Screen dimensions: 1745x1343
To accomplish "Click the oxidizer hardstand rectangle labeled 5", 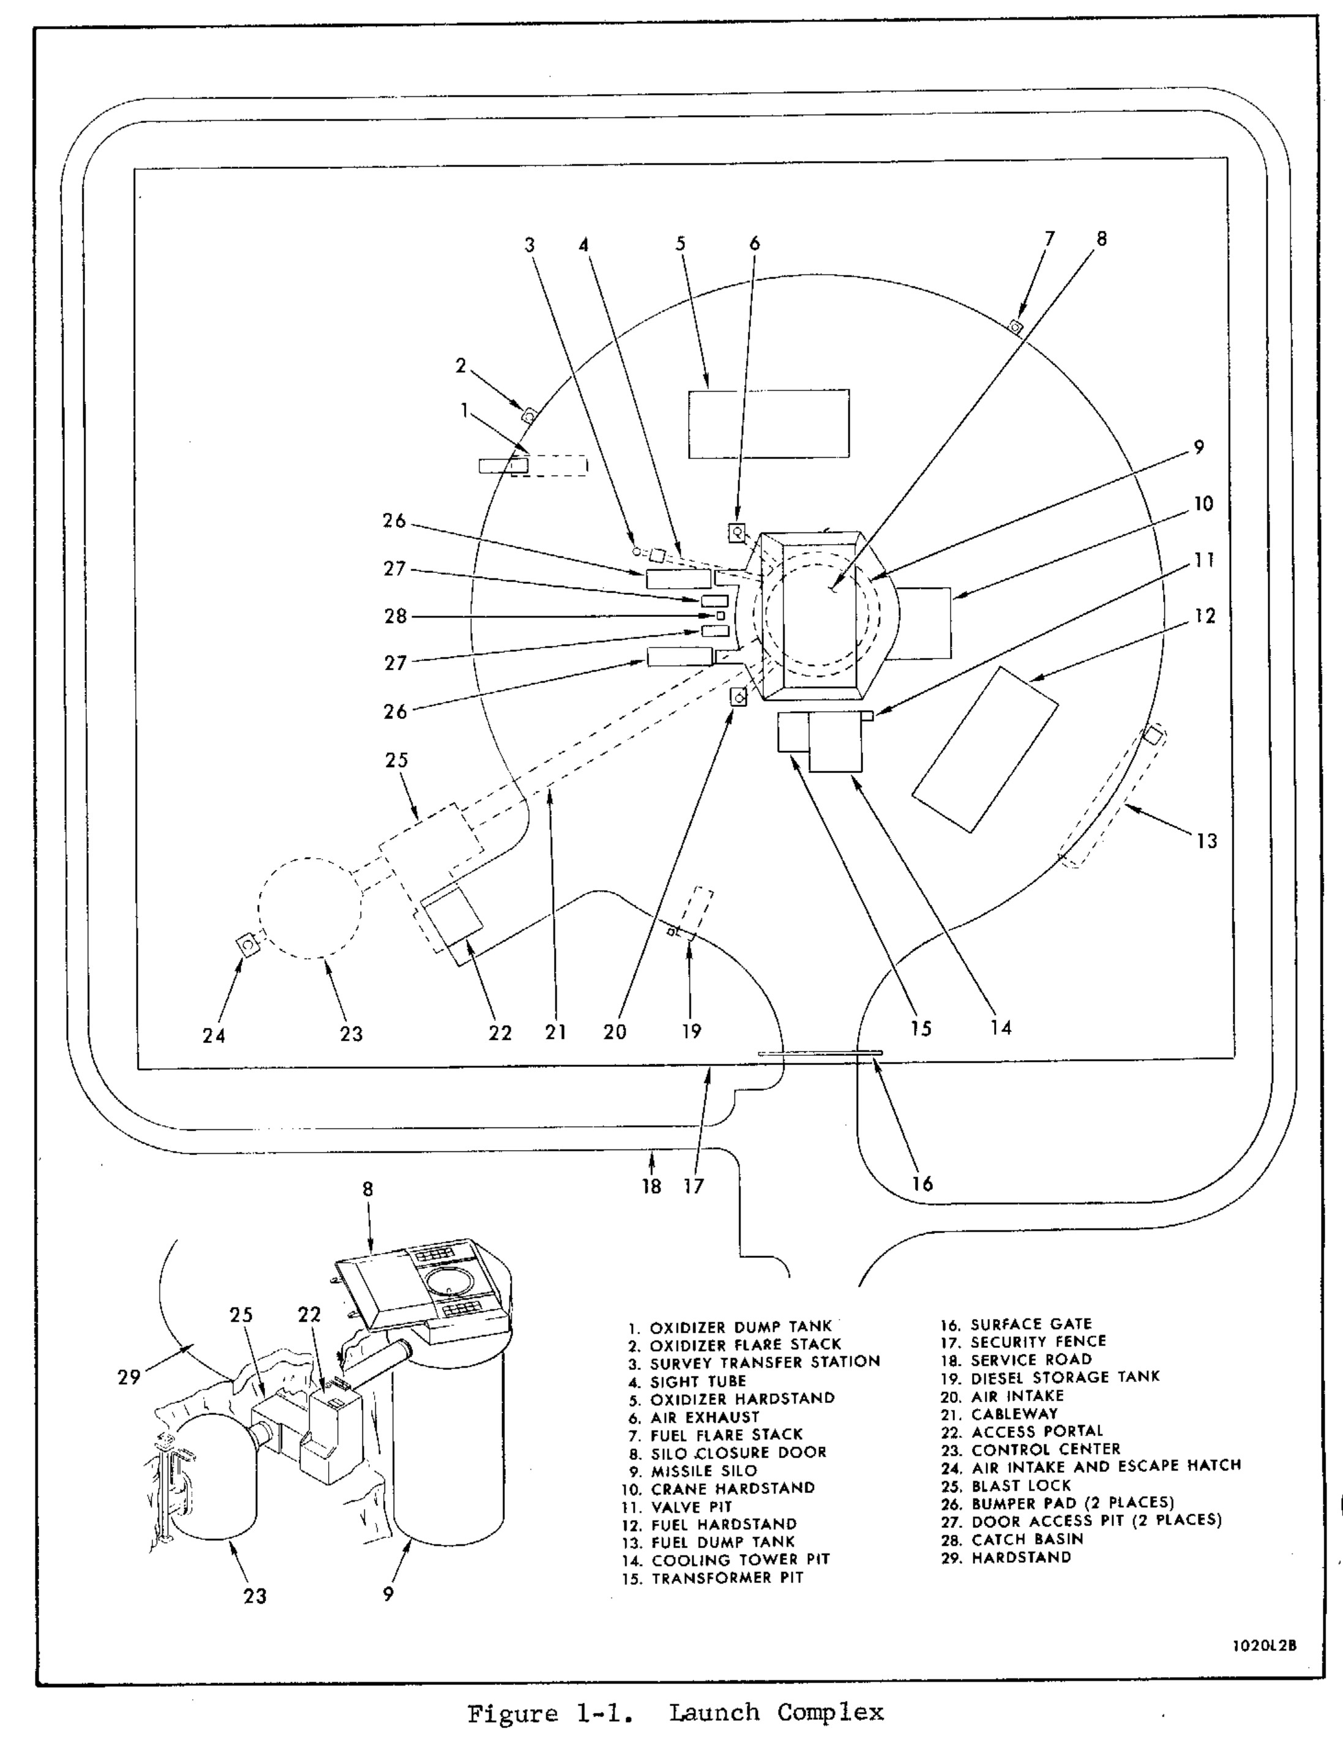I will tap(769, 424).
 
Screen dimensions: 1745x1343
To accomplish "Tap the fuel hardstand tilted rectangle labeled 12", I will tap(985, 749).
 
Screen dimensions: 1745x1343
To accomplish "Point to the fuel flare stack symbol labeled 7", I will tap(1016, 326).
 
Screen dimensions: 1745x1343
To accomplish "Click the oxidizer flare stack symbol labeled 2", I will tap(528, 415).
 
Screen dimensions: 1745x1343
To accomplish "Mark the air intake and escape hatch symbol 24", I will tap(249, 944).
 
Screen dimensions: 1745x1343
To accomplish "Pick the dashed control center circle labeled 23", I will tap(310, 908).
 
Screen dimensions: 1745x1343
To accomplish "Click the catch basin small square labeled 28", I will tap(720, 615).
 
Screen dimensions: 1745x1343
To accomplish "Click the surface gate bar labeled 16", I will tap(819, 1053).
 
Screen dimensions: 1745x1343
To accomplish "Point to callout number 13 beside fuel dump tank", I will tap(1206, 840).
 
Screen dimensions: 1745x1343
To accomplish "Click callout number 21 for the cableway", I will tap(555, 1031).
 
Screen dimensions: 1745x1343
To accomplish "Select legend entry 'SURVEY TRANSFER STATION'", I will tap(765, 1361).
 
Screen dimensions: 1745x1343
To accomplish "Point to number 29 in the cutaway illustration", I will tap(129, 1377).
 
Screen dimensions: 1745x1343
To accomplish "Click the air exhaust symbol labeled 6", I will tap(736, 531).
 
